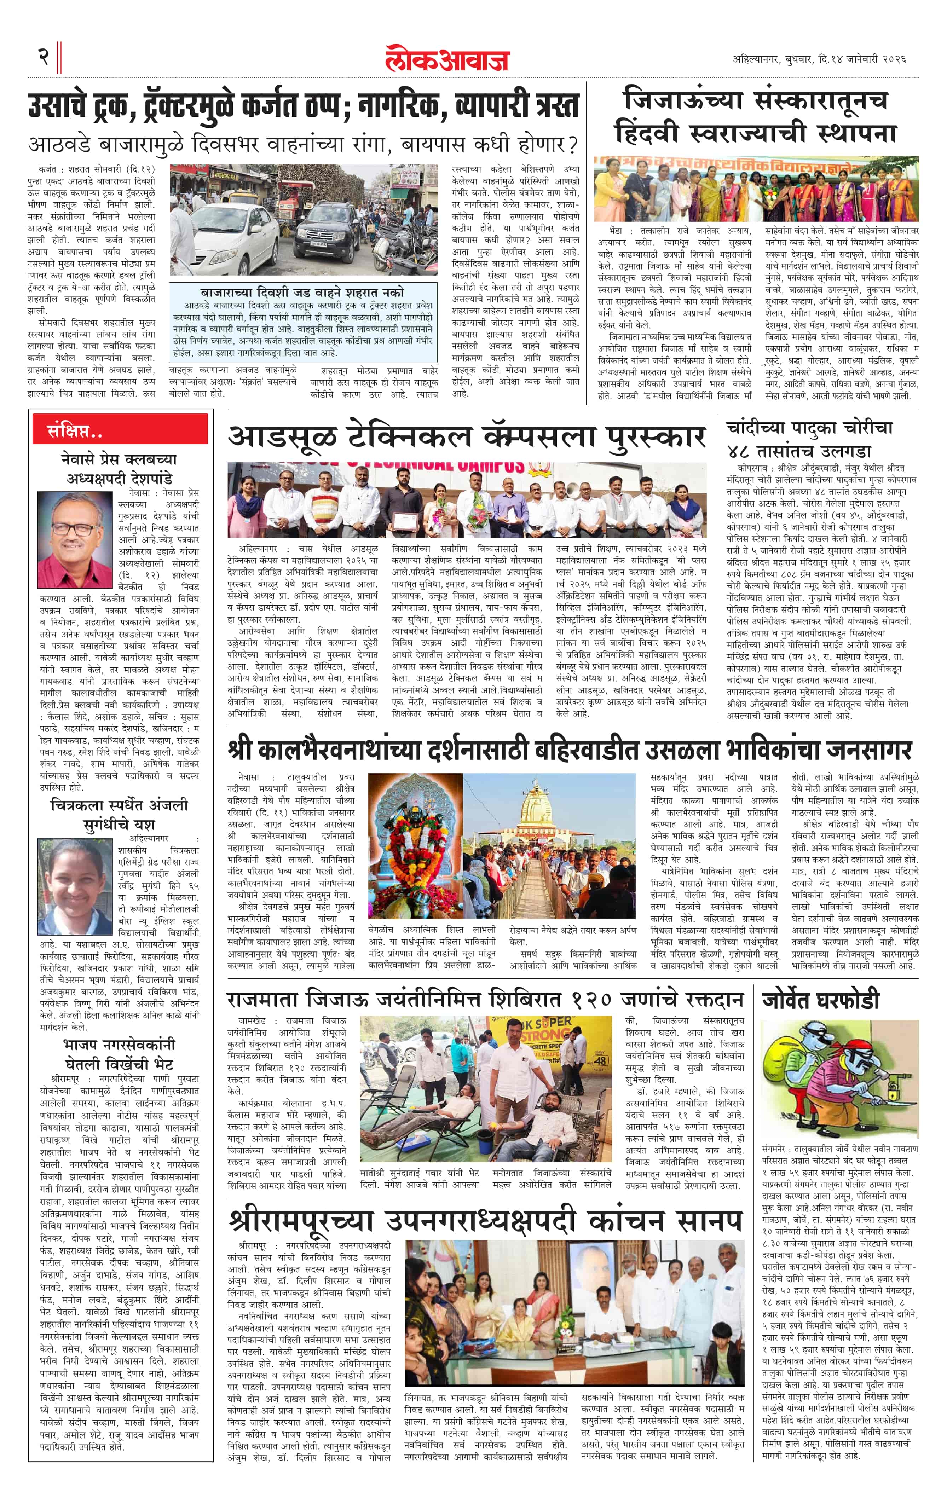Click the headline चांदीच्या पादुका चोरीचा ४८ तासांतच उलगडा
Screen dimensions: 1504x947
point(810,439)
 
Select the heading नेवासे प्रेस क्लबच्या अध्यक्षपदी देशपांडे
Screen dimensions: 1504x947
point(119,468)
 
